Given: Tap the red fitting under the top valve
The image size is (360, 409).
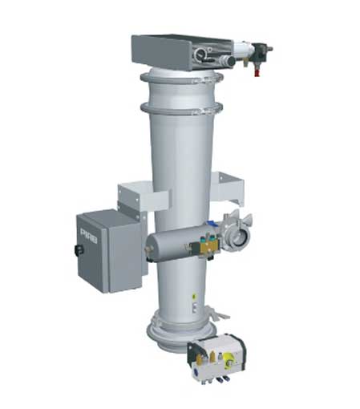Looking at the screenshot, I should (257, 70).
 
